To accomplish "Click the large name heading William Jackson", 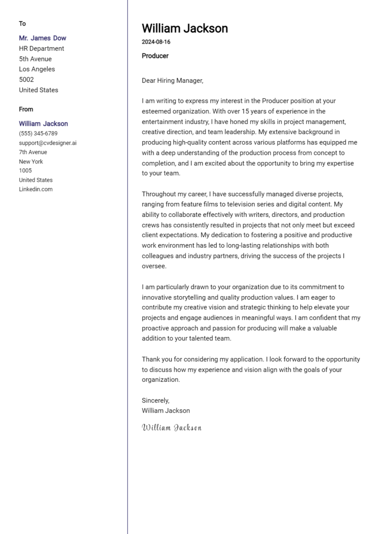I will pos(185,28).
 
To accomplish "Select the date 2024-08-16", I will pos(156,42).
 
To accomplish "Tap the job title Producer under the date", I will pos(155,56).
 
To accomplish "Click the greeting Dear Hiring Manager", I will pos(172,80).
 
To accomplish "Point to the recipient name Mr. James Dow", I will pos(42,38).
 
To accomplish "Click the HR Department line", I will pos(42,49).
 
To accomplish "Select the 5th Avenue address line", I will pos(35,59).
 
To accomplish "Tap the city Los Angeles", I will pos(37,69).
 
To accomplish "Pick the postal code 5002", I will pos(26,80).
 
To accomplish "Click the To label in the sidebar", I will pos(22,24).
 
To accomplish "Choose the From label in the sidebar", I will pos(26,109).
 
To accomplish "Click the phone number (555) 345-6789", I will pos(38,134).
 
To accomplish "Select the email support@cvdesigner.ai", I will pos(47,143).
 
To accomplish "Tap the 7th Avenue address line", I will pos(33,152).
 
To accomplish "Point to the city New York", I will pos(31,161).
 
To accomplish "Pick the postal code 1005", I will pos(25,171).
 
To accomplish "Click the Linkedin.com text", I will pos(36,189).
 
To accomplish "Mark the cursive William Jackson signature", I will pos(172,427).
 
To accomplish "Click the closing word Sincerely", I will pos(155,400).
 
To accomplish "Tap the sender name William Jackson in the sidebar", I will pos(44,124).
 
